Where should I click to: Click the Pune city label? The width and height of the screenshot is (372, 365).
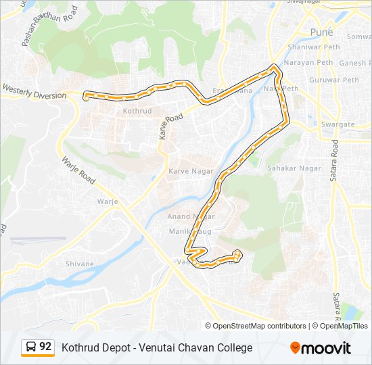(x=322, y=32)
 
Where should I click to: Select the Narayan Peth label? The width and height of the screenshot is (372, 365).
(x=308, y=63)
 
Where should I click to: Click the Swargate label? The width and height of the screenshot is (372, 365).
(x=338, y=124)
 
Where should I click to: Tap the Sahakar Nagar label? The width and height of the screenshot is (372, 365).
(x=294, y=168)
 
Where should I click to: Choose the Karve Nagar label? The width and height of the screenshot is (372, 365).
(x=191, y=171)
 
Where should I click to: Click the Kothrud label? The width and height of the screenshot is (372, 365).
(x=137, y=110)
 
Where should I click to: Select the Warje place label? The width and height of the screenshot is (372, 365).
(x=108, y=201)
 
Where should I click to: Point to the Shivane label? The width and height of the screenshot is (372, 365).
(x=79, y=264)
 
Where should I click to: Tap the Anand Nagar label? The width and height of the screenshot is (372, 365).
(x=191, y=216)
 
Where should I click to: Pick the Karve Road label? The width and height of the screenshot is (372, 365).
(x=171, y=127)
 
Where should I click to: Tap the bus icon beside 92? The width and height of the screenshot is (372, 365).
(x=31, y=347)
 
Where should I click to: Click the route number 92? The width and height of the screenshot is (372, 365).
(x=45, y=347)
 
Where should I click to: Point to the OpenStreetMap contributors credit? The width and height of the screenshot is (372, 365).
(x=259, y=326)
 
